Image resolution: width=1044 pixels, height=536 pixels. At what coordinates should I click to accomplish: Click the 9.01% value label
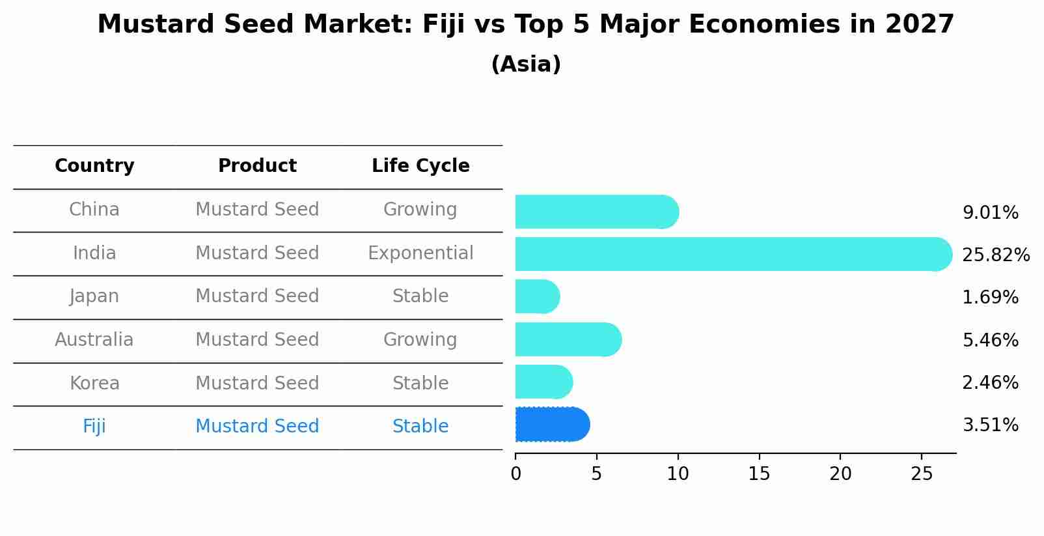[990, 213]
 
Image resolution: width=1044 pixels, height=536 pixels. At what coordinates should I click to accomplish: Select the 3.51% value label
[990, 425]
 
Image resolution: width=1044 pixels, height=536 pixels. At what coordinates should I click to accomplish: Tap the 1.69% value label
[990, 298]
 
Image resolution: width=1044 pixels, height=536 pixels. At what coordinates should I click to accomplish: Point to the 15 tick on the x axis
[759, 474]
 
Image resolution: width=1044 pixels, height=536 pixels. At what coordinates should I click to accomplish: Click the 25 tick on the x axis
[922, 474]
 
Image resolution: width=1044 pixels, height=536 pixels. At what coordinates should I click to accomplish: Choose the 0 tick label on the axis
[515, 474]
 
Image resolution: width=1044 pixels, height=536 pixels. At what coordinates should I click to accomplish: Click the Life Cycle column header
[420, 166]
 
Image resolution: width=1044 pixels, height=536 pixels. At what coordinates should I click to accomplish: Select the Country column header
[94, 166]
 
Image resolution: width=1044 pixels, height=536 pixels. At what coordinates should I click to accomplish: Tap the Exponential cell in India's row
[420, 253]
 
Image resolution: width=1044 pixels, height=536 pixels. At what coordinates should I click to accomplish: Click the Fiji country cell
[94, 427]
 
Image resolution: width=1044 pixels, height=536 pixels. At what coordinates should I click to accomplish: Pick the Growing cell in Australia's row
[420, 340]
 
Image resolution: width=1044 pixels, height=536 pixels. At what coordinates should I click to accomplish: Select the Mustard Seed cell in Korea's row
[257, 383]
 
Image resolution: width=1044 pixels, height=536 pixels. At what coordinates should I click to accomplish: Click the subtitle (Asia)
[526, 64]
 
